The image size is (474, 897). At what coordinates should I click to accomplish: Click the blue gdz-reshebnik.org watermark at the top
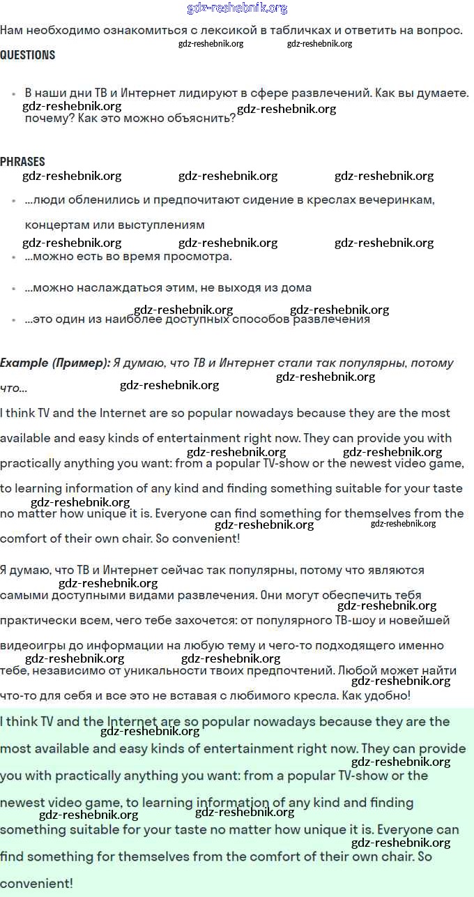237,8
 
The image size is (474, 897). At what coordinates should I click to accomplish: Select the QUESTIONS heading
28,55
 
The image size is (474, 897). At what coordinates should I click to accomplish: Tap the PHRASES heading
22,162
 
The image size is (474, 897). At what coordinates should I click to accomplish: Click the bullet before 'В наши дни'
14,93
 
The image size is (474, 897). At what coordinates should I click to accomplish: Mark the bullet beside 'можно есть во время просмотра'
14,257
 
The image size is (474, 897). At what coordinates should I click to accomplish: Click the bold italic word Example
24,363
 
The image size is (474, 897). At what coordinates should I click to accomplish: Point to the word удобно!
386,696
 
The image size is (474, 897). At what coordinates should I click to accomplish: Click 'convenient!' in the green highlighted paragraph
36,884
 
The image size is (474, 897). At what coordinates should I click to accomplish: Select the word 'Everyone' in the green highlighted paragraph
408,830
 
